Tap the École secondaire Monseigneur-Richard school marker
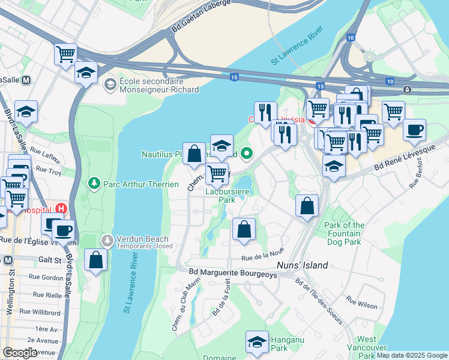click(x=110, y=85)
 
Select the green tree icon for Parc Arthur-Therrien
click(x=93, y=182)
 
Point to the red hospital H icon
click(x=60, y=209)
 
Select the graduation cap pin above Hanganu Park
click(x=257, y=341)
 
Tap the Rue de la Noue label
click(x=262, y=257)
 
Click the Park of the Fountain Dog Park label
click(x=345, y=234)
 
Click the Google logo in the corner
click(x=20, y=353)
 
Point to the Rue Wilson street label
click(x=361, y=304)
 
